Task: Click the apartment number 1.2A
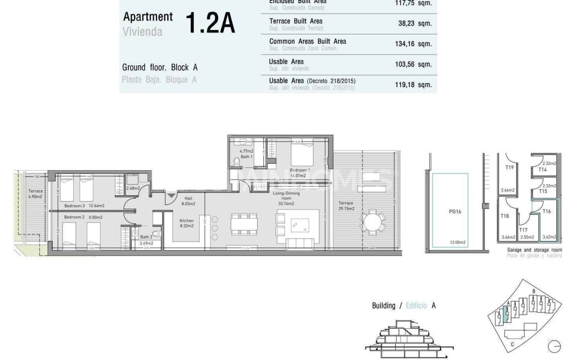(x=210, y=24)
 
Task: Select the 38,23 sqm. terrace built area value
(x=415, y=24)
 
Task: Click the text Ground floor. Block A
(x=160, y=67)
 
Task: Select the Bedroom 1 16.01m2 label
(x=299, y=173)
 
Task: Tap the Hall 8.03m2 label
(x=186, y=201)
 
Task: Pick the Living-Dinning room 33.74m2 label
(x=286, y=198)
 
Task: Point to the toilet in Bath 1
(x=237, y=162)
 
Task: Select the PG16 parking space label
(x=455, y=212)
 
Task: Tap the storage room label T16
(x=547, y=211)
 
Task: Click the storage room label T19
(x=509, y=168)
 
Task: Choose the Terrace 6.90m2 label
(x=35, y=194)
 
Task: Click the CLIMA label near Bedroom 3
(x=132, y=175)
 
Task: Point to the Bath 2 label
(x=146, y=237)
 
